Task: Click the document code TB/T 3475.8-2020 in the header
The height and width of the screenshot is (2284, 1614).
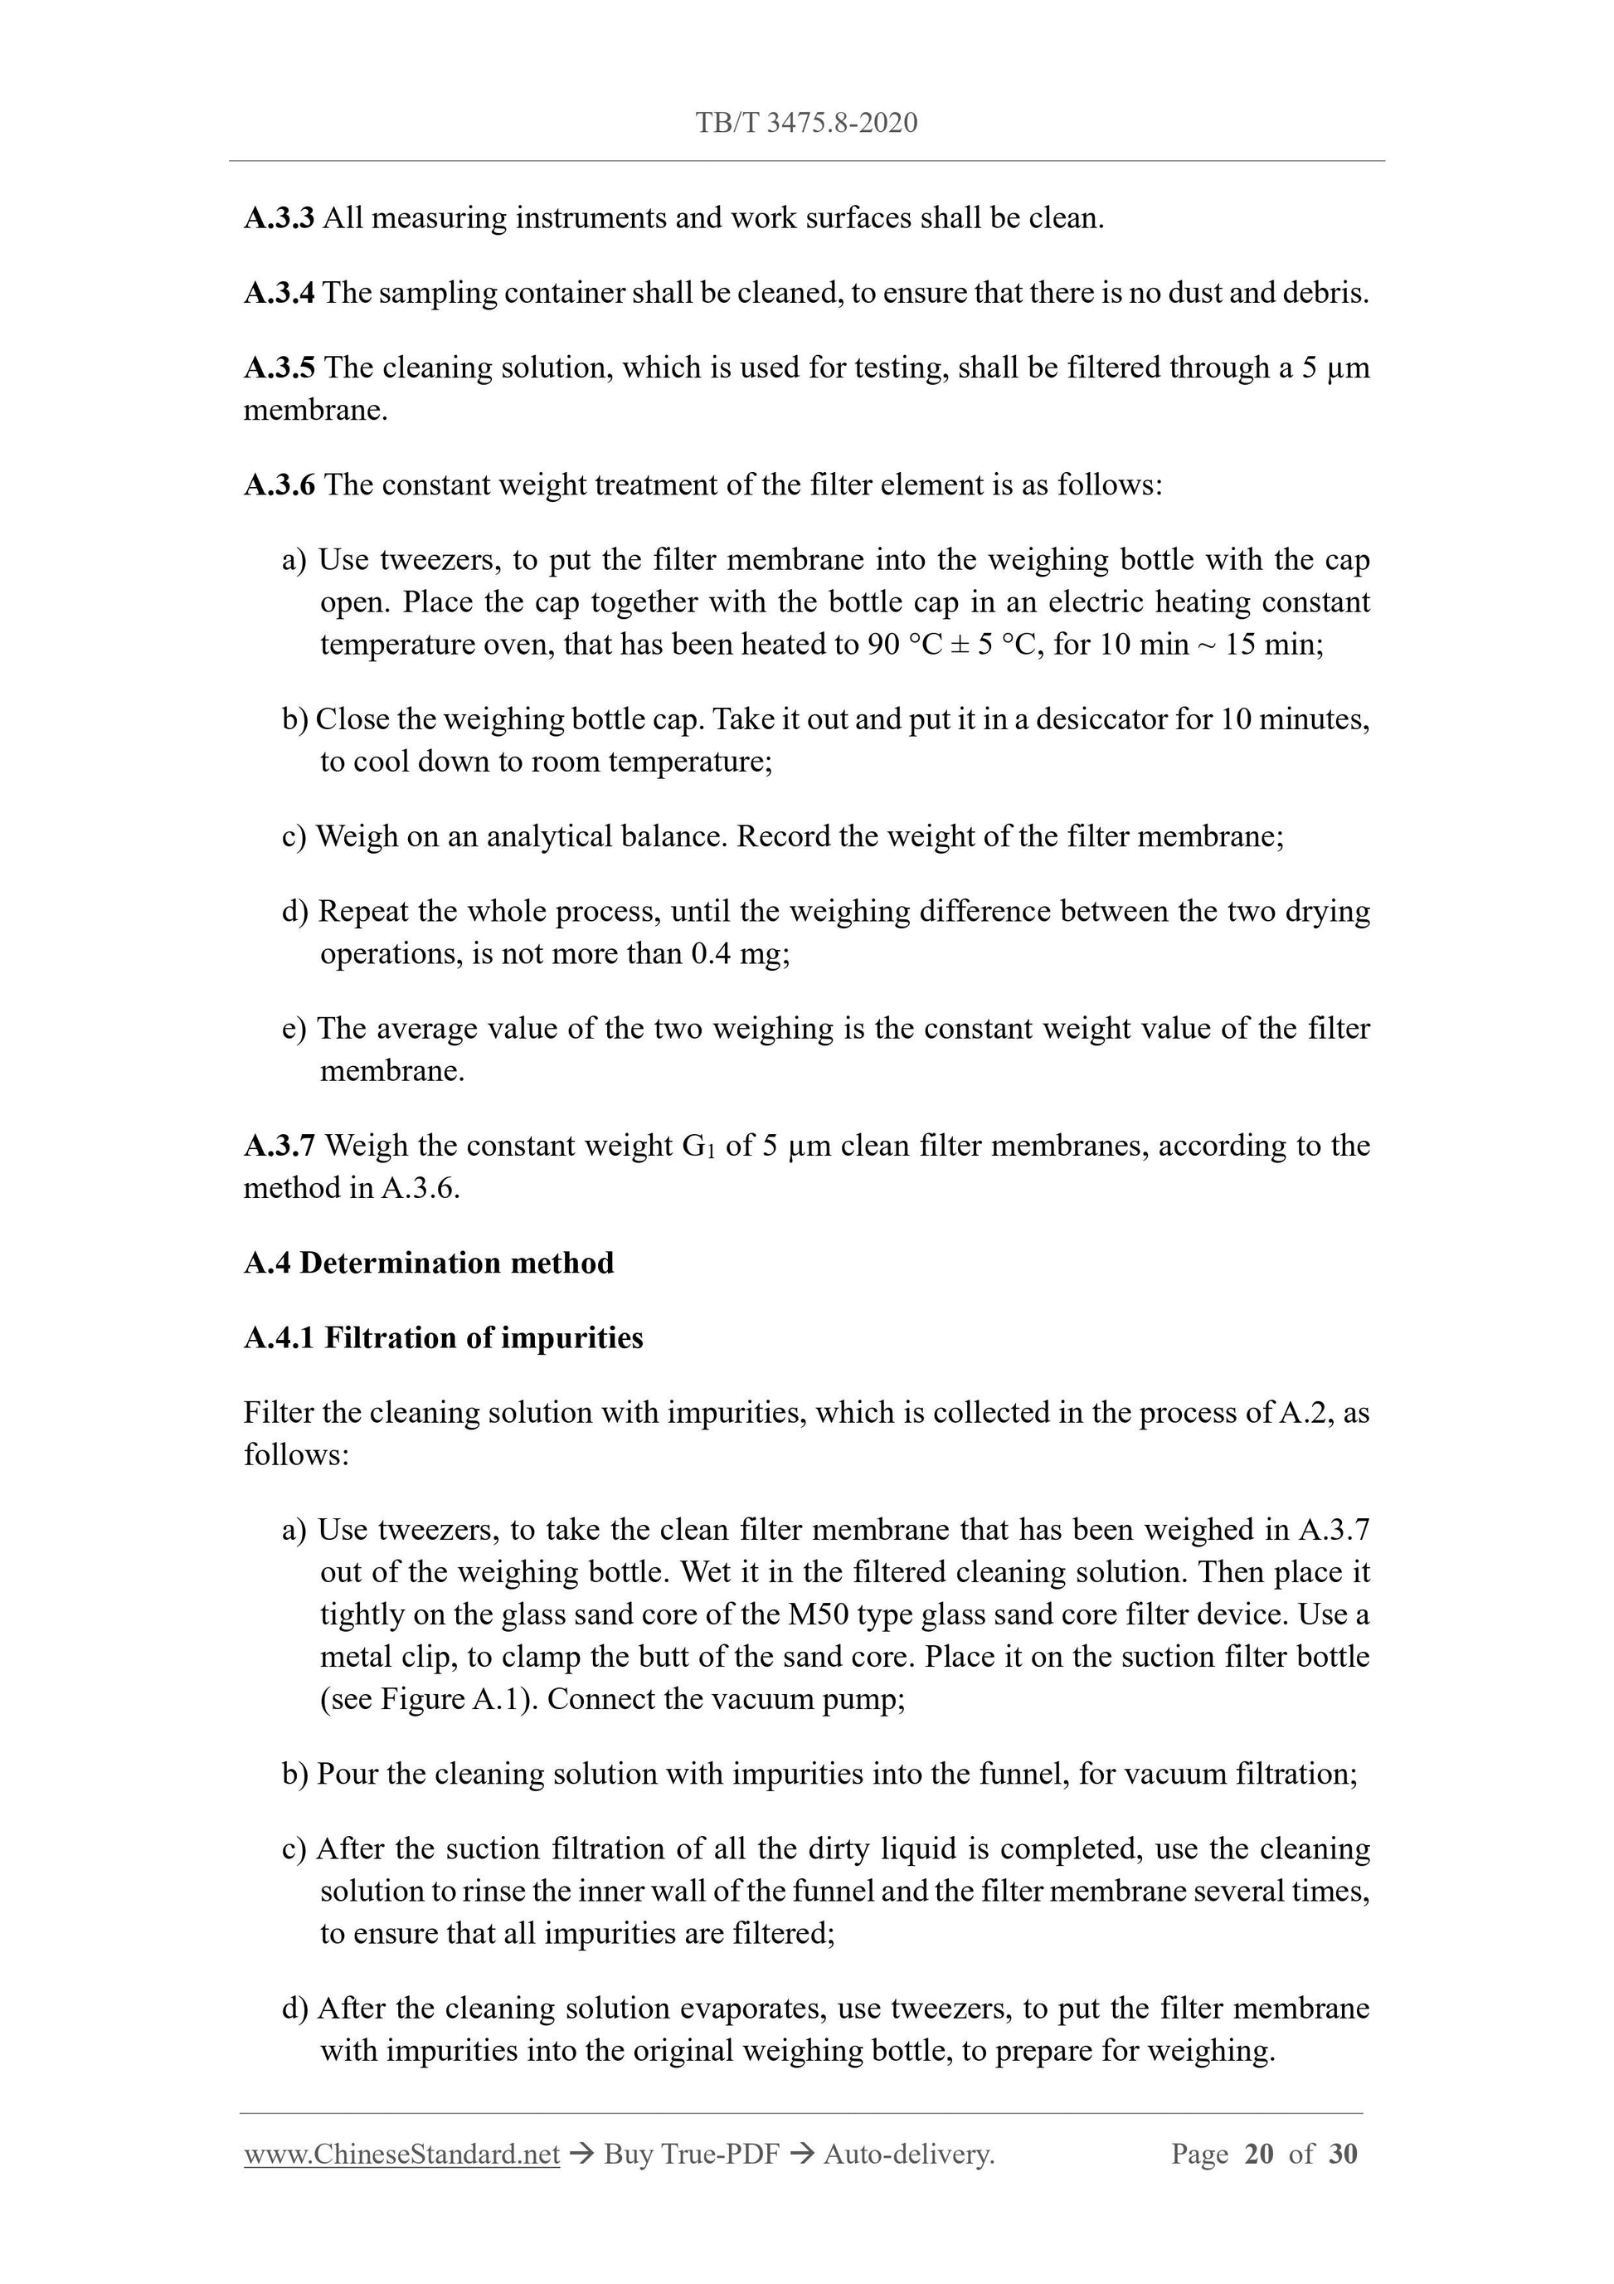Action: click(805, 124)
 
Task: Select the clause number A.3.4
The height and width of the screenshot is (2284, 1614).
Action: click(279, 294)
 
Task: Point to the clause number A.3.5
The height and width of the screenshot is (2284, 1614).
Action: click(279, 369)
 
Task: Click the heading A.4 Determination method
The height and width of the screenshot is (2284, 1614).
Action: click(429, 1264)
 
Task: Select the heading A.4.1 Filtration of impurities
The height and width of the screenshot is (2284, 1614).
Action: click(444, 1339)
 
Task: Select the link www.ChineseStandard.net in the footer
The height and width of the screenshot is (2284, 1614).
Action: click(401, 2155)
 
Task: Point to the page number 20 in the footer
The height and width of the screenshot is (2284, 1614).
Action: click(1258, 2155)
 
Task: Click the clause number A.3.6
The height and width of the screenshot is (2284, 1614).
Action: click(279, 485)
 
